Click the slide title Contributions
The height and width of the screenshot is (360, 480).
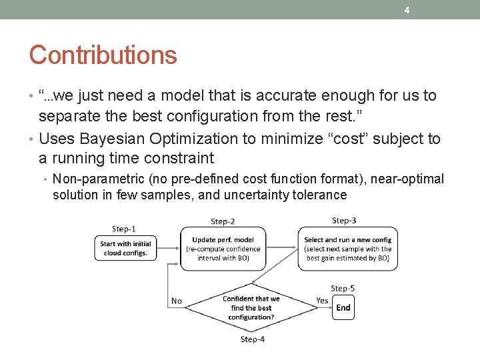(103, 55)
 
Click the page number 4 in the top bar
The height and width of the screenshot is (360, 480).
(406, 9)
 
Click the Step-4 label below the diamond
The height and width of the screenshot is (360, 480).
(252, 339)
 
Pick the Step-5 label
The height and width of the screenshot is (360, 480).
(343, 288)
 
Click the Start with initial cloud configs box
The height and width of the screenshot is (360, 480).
(125, 249)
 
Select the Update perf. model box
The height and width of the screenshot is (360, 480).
(223, 249)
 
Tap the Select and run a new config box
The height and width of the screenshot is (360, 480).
(347, 249)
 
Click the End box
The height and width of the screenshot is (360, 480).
(343, 307)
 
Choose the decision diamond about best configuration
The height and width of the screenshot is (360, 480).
(251, 308)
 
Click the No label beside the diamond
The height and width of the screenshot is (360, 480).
(177, 301)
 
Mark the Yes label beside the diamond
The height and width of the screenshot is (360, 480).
(322, 301)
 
